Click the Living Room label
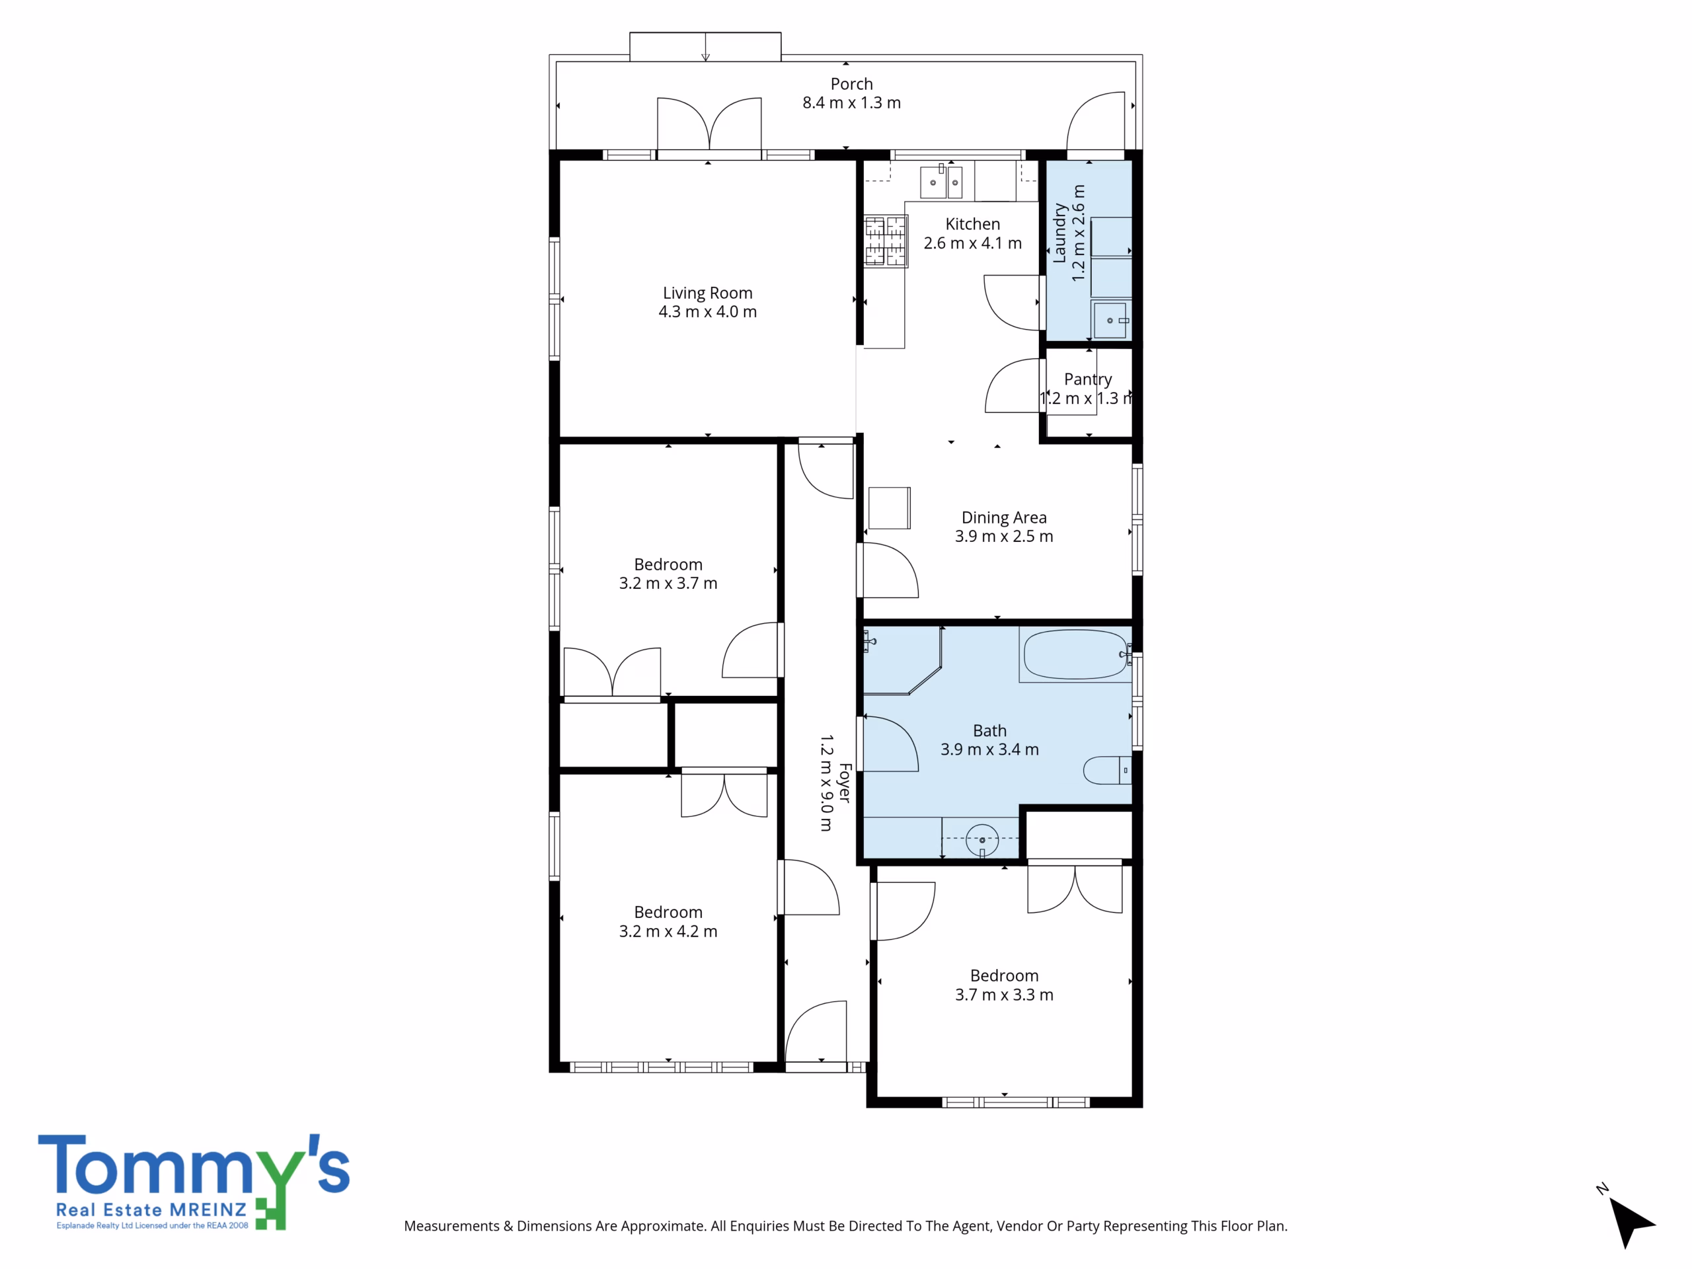[x=708, y=293]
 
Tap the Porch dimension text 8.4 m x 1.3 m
[x=851, y=102]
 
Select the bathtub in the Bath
[x=1075, y=655]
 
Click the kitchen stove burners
[x=886, y=241]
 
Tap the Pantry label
[x=1088, y=379]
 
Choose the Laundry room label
[x=1059, y=233]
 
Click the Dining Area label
[x=1003, y=518]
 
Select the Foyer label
[x=845, y=783]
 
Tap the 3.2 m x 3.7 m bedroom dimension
[x=668, y=583]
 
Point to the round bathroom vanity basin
[x=982, y=840]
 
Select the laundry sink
[x=1110, y=320]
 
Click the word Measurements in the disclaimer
[x=451, y=1226]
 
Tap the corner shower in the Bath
[x=903, y=661]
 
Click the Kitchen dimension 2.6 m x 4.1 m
[x=972, y=243]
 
